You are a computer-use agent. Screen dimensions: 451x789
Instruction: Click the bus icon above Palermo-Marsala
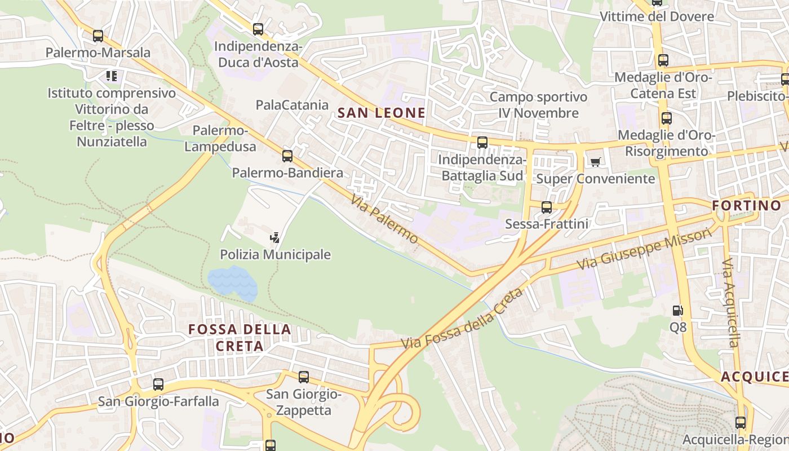coord(98,36)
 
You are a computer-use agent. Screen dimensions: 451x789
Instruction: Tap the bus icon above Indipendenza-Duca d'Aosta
coord(258,29)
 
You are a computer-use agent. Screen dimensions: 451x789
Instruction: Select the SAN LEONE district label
coord(382,113)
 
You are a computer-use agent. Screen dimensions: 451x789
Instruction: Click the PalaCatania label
coord(292,105)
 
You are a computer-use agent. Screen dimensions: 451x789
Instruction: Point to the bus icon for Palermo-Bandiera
coord(287,156)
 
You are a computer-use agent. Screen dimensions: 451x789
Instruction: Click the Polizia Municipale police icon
coord(275,238)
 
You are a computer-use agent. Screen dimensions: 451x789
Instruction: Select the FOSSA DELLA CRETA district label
coord(240,337)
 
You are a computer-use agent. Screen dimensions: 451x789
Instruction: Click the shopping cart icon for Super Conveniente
coord(595,162)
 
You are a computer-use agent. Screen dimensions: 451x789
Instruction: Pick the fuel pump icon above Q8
coord(677,310)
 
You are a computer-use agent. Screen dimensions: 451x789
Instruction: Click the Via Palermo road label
coord(384,219)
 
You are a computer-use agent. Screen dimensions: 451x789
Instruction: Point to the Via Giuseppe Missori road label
coord(644,249)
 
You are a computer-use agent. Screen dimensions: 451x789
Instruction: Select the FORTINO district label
coord(747,205)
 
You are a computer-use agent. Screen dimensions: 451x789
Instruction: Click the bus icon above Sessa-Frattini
coord(546,207)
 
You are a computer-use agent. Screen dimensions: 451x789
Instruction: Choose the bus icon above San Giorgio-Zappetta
coord(304,377)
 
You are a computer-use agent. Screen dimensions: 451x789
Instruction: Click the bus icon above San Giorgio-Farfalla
coord(158,384)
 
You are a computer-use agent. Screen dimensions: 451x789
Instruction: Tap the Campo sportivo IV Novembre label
coord(538,105)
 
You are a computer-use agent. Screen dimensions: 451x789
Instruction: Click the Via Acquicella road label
coord(730,303)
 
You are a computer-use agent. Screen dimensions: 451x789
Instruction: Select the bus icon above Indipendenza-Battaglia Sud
coord(482,143)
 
